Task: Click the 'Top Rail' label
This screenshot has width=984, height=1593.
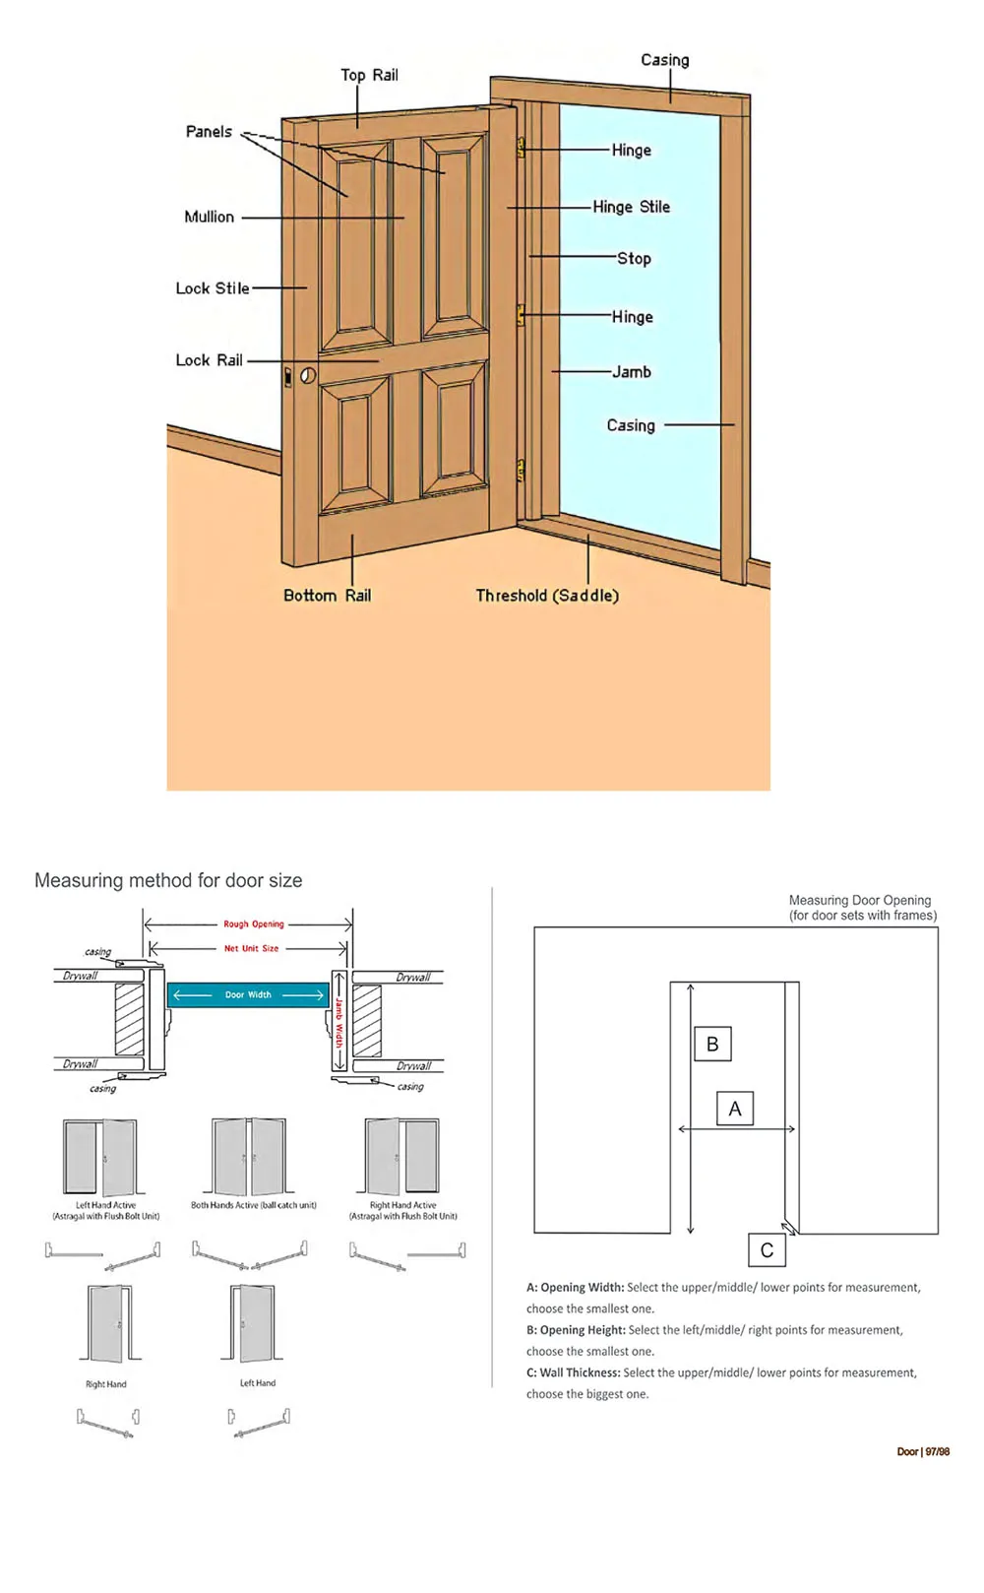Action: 369,75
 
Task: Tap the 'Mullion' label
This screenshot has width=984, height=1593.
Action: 209,217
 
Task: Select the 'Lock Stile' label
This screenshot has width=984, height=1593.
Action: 212,288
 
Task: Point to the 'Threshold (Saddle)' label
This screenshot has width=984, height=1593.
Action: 547,596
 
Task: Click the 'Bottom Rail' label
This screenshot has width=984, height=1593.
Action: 327,596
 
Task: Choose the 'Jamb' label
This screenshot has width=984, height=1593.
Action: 632,372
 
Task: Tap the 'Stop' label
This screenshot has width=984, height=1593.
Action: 634,258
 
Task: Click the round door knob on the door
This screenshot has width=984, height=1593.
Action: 308,375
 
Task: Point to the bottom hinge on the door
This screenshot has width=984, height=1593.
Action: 521,471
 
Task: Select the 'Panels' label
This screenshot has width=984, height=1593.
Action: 209,132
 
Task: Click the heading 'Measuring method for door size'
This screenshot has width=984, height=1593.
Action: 168,880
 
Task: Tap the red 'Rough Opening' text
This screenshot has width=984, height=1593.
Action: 253,924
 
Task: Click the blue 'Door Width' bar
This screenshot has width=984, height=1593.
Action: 248,995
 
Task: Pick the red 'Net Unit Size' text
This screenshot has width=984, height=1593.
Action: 251,948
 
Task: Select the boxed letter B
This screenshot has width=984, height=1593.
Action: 712,1045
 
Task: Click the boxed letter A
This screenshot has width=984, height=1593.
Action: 734,1109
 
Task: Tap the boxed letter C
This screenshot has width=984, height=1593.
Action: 767,1250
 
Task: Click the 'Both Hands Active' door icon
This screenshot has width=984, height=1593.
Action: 250,1157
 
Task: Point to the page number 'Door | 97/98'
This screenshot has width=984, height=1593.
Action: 923,1452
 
